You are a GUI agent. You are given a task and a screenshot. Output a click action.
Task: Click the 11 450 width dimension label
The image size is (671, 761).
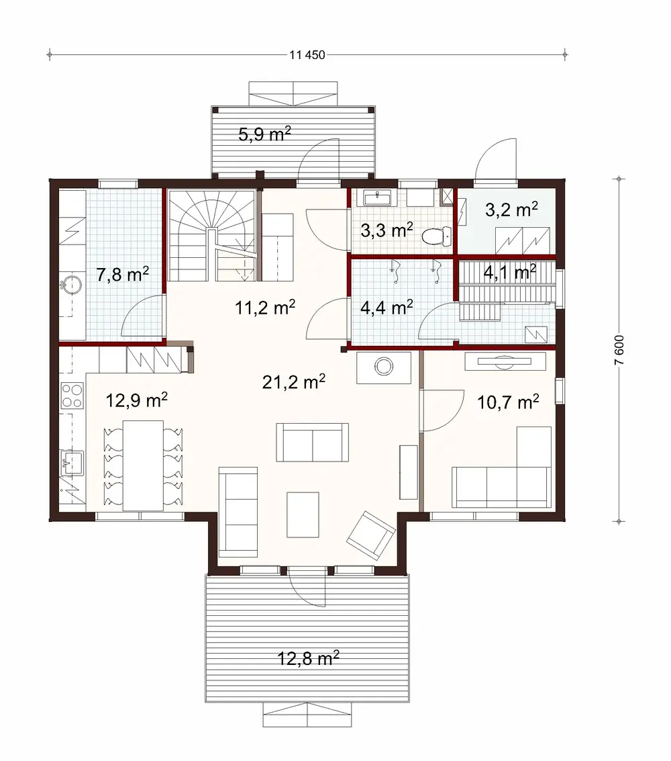click(x=308, y=55)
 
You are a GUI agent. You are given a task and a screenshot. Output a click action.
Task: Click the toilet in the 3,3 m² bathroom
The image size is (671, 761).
click(x=437, y=236)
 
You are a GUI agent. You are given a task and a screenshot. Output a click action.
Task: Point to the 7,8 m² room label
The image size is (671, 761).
click(x=122, y=275)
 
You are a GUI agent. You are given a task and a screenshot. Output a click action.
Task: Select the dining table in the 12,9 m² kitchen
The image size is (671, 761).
click(x=142, y=465)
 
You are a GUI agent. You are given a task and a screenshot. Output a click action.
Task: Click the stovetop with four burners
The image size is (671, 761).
click(x=71, y=395)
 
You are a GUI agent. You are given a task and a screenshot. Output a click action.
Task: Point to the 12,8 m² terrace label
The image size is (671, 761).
click(x=308, y=658)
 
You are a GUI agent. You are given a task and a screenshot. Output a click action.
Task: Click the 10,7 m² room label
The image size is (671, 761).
click(x=508, y=402)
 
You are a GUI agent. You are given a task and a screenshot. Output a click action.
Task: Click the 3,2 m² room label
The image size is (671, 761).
click(x=511, y=210)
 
